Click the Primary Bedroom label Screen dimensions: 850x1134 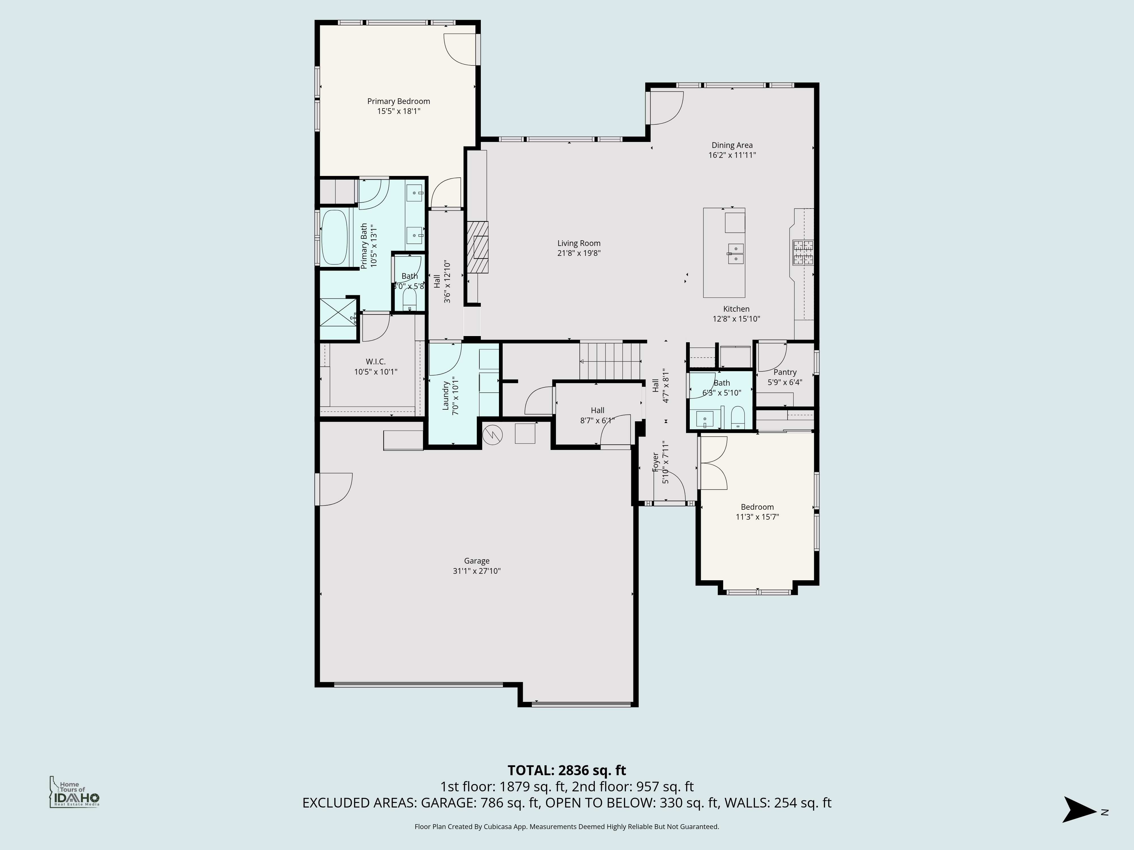(398, 101)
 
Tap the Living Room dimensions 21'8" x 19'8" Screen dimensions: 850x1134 (579, 253)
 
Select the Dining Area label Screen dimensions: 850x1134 (731, 146)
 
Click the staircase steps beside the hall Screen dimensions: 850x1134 (610, 361)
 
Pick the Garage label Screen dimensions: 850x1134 (477, 561)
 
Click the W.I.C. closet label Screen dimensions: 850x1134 (376, 362)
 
